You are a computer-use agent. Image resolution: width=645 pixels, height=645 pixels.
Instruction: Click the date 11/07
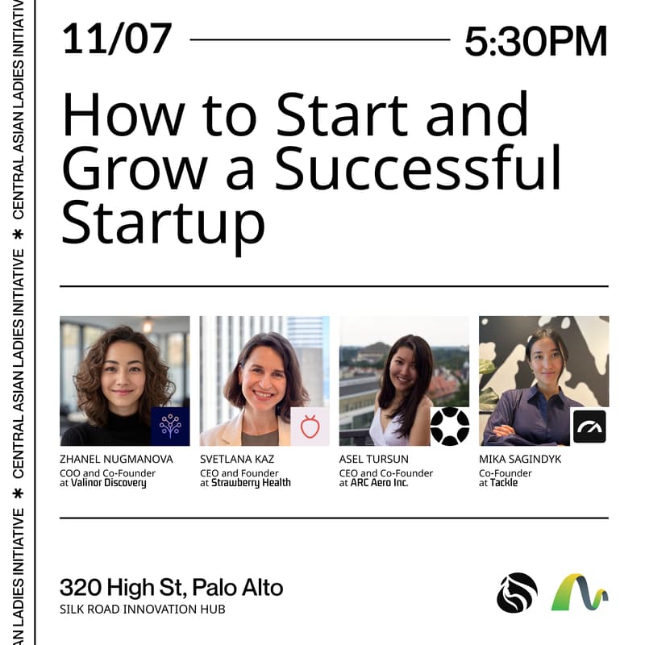[116, 39]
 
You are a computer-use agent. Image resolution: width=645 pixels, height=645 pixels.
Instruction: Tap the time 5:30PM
[535, 40]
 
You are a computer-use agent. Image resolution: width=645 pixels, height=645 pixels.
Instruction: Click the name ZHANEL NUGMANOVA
[116, 459]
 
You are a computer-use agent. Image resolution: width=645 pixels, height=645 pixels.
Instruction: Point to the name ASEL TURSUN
[374, 459]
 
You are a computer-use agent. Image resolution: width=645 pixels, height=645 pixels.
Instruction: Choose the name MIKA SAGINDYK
[520, 459]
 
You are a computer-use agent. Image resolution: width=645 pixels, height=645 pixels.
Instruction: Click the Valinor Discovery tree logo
[170, 427]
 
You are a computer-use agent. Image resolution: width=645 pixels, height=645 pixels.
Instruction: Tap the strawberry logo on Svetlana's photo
[310, 427]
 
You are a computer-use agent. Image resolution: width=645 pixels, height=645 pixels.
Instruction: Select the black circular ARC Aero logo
[449, 427]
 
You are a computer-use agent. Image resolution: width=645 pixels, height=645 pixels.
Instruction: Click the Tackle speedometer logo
[589, 427]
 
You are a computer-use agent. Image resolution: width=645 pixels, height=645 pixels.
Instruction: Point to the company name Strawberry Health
[251, 483]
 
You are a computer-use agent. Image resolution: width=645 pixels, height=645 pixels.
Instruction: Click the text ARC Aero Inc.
[379, 483]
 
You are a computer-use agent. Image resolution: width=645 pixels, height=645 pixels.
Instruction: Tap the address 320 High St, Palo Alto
[171, 587]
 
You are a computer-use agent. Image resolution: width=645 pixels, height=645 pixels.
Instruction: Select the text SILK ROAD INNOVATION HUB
[142, 609]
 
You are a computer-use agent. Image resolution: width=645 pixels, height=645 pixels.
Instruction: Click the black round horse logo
[517, 593]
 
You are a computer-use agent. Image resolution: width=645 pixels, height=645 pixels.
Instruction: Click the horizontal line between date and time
[319, 39]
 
